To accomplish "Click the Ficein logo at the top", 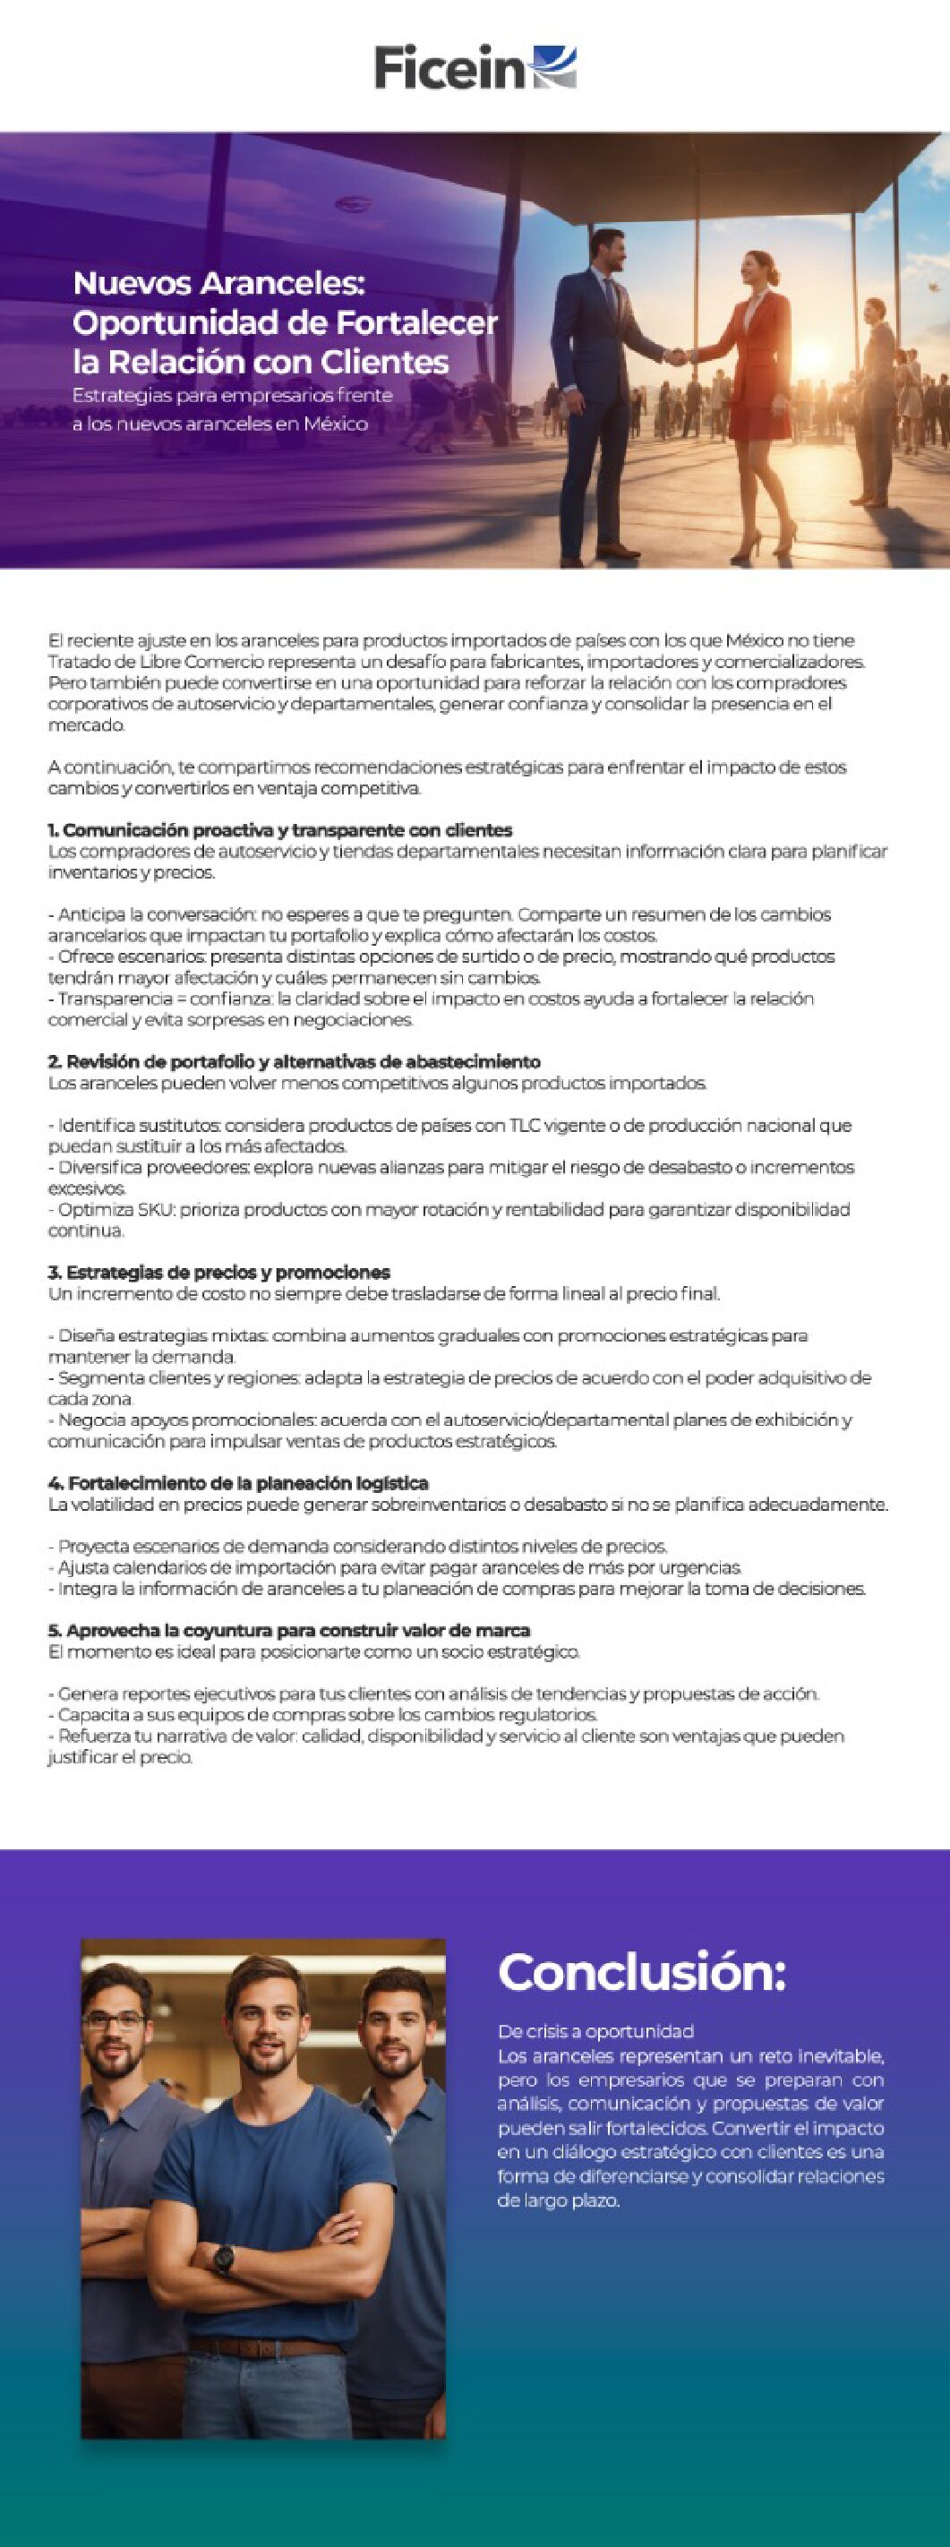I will (475, 67).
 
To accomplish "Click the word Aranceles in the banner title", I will (283, 284).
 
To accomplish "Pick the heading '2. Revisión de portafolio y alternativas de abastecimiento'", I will (295, 1061).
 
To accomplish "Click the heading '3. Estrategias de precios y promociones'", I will (219, 1272).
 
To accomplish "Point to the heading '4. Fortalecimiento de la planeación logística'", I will (238, 1482).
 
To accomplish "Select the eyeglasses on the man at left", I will (115, 2021).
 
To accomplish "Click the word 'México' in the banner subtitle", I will (336, 424).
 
